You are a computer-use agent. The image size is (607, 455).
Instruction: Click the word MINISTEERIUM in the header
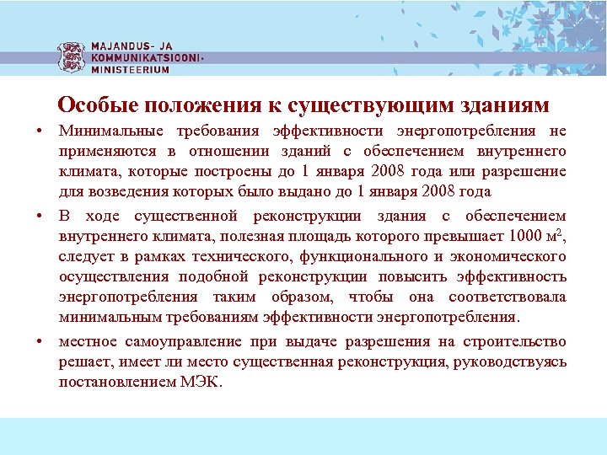130,70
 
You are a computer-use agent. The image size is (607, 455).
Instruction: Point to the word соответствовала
508,297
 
